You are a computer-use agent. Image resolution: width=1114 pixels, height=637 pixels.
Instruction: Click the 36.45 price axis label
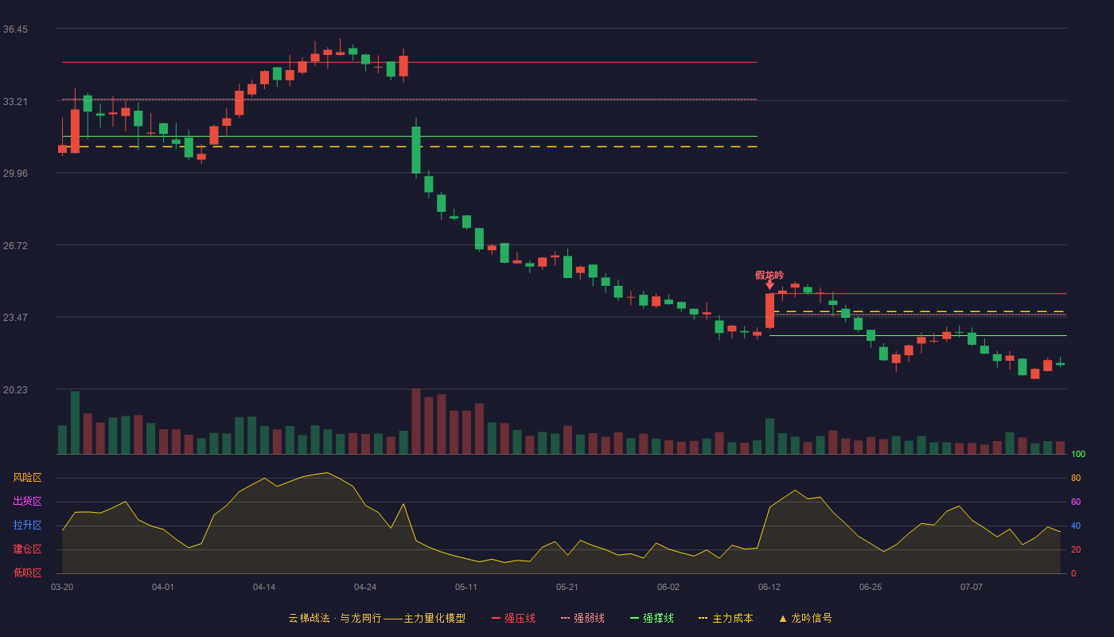[15, 29]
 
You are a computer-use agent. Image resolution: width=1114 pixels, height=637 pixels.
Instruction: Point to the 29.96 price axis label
[15, 174]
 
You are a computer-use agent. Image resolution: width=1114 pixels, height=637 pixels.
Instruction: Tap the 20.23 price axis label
[15, 389]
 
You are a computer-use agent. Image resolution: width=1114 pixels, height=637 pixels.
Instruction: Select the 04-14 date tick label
[264, 588]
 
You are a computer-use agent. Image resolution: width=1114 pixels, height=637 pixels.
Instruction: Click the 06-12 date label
[769, 588]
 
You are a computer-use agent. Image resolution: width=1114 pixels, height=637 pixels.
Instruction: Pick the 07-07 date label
[972, 588]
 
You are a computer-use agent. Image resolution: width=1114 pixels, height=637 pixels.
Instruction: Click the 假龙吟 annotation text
[769, 276]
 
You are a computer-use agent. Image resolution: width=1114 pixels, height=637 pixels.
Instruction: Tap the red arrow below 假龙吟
[770, 285]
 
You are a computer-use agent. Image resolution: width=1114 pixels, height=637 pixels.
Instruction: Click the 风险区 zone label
[27, 478]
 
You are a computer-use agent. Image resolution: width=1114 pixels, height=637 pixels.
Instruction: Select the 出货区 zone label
[27, 502]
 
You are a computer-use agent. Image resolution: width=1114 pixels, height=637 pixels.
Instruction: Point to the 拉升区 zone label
[27, 526]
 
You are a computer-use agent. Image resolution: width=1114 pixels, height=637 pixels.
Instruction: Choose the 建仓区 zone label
[27, 549]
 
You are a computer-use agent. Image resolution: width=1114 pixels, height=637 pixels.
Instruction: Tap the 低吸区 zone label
[27, 573]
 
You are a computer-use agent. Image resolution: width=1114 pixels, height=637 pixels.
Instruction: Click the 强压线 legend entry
[513, 619]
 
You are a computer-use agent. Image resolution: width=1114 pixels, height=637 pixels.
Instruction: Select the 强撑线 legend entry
[652, 619]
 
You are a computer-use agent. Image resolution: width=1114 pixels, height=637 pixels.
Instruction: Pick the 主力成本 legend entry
[726, 619]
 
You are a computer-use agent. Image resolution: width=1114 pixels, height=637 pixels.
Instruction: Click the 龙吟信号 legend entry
[805, 619]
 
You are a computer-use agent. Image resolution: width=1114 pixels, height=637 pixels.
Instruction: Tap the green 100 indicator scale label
[1078, 455]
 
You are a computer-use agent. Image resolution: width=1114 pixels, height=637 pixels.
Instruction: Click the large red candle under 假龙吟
[770, 311]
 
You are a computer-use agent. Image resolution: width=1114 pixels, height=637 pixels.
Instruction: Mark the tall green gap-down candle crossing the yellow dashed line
[416, 150]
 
